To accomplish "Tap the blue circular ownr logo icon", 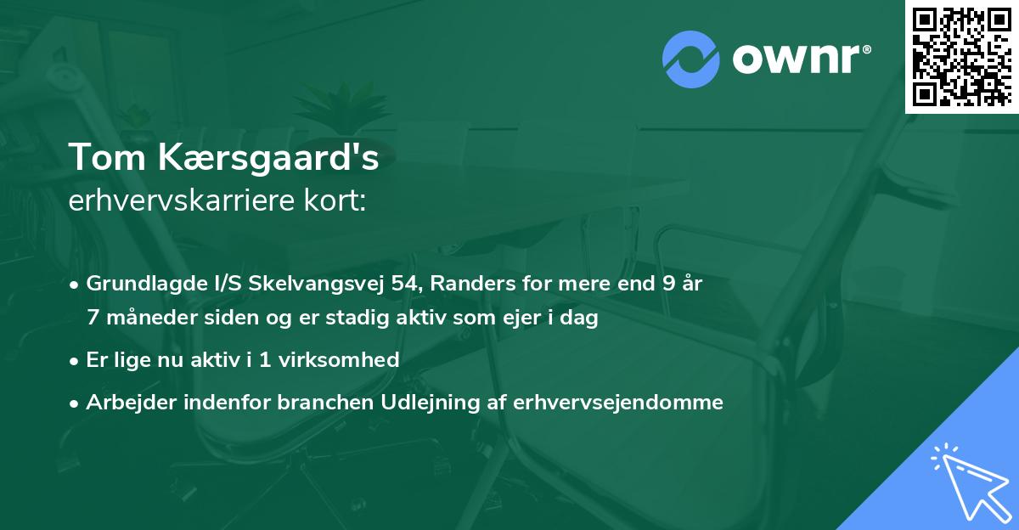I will pos(691,59).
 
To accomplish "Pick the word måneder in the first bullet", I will pos(157,319).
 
